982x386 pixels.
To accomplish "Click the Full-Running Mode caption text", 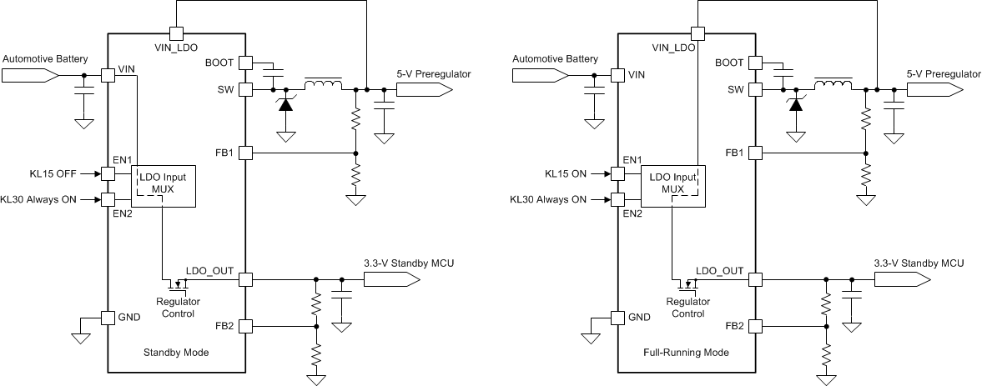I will [x=687, y=353].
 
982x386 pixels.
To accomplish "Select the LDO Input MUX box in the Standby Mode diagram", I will [x=164, y=186].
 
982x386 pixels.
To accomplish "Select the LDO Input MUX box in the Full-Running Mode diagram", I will [x=673, y=186].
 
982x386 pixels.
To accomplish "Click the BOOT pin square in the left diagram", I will [x=245, y=63].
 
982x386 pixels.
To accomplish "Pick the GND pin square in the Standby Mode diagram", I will [x=108, y=317].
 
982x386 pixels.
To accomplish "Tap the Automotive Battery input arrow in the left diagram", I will [x=30, y=75].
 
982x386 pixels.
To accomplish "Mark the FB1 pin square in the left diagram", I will [x=245, y=153].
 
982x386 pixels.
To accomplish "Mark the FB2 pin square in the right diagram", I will [x=755, y=325].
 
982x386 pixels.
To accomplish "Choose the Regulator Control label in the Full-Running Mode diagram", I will [x=688, y=308].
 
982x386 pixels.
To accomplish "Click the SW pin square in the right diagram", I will [x=755, y=89].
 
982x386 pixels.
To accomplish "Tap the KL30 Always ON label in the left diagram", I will [x=47, y=200].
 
